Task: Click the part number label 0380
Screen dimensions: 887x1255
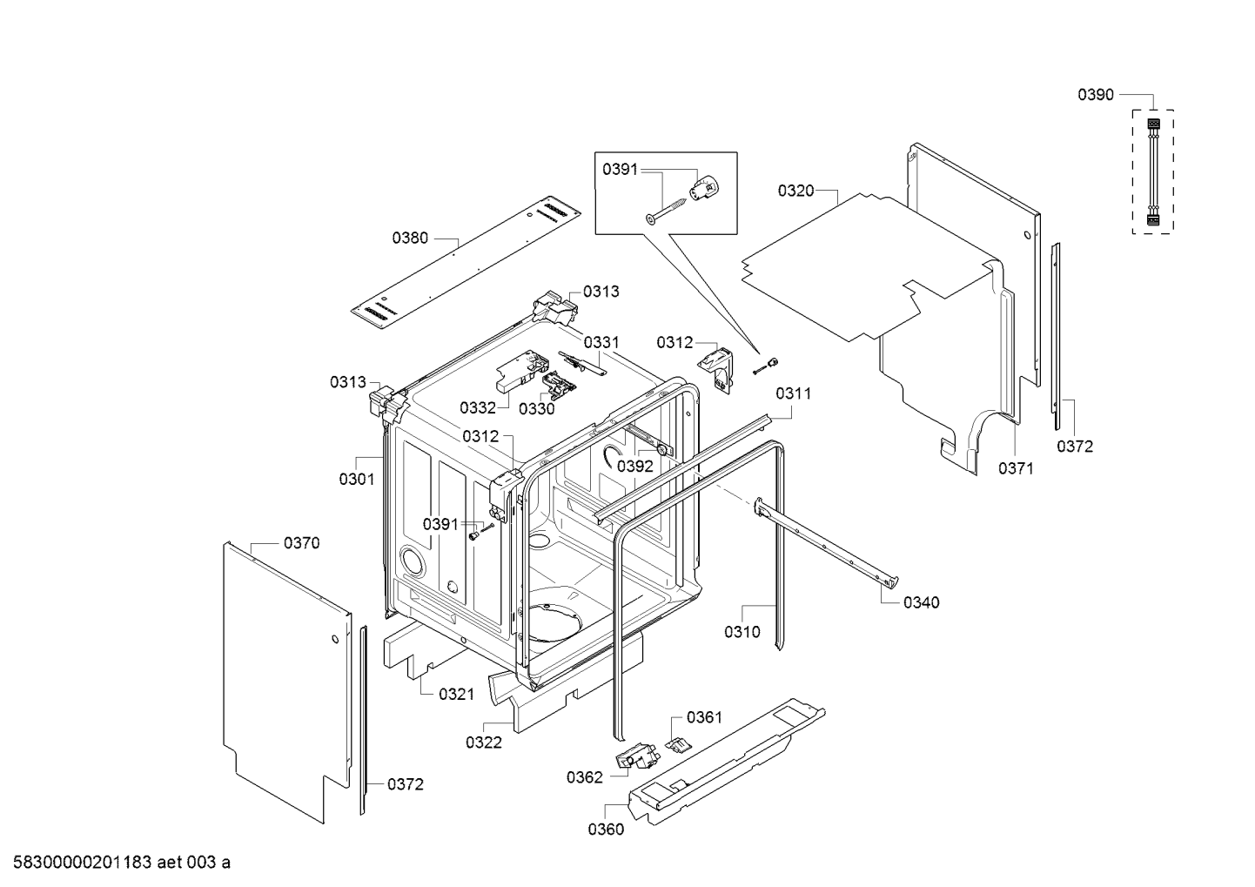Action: pyautogui.click(x=410, y=237)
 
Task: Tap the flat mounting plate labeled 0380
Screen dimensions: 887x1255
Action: pyautogui.click(x=466, y=262)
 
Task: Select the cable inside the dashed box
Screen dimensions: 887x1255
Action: pyautogui.click(x=1152, y=173)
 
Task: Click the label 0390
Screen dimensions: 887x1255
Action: pyautogui.click(x=1096, y=95)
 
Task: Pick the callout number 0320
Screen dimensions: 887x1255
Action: pyautogui.click(x=795, y=191)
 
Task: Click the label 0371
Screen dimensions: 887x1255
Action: pyautogui.click(x=1016, y=468)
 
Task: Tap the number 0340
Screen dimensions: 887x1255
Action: pyautogui.click(x=921, y=602)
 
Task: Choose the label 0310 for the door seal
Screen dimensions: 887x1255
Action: pyautogui.click(x=742, y=632)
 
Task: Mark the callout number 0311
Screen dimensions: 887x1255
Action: pyautogui.click(x=793, y=393)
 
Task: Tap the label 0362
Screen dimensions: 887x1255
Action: pyautogui.click(x=584, y=777)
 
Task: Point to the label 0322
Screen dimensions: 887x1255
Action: pyautogui.click(x=484, y=742)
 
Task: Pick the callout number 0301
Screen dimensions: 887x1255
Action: pyautogui.click(x=357, y=479)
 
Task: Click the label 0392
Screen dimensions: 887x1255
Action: pyautogui.click(x=635, y=466)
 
